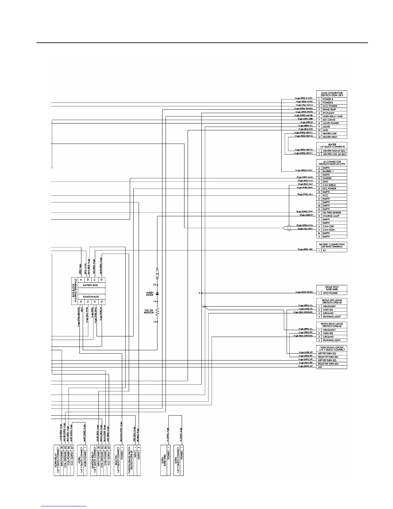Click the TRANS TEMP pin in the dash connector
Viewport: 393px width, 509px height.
coord(329,110)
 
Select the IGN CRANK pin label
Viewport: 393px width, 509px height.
coord(329,120)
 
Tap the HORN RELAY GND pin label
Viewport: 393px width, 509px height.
coord(332,116)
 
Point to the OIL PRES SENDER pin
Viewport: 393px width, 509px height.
coord(332,213)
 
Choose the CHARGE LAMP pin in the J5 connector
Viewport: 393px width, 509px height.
coord(331,216)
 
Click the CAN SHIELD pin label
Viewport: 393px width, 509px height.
coord(329,185)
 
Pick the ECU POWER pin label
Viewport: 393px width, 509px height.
coord(329,189)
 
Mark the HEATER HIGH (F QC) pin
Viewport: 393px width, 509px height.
coord(334,151)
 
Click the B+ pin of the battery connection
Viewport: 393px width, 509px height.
coord(325,250)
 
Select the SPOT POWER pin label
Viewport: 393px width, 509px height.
coord(330,293)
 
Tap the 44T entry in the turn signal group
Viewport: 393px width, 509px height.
coord(320,367)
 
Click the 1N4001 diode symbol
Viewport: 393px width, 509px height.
coord(157,293)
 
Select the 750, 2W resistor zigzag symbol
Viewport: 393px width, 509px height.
coord(157,311)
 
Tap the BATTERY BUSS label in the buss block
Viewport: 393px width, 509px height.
coord(91,285)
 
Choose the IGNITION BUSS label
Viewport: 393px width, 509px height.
coord(91,297)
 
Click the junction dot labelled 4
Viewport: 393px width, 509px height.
coord(202,293)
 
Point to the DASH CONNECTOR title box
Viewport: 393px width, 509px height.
coord(332,94)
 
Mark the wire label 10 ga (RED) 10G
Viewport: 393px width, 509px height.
coord(305,249)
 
